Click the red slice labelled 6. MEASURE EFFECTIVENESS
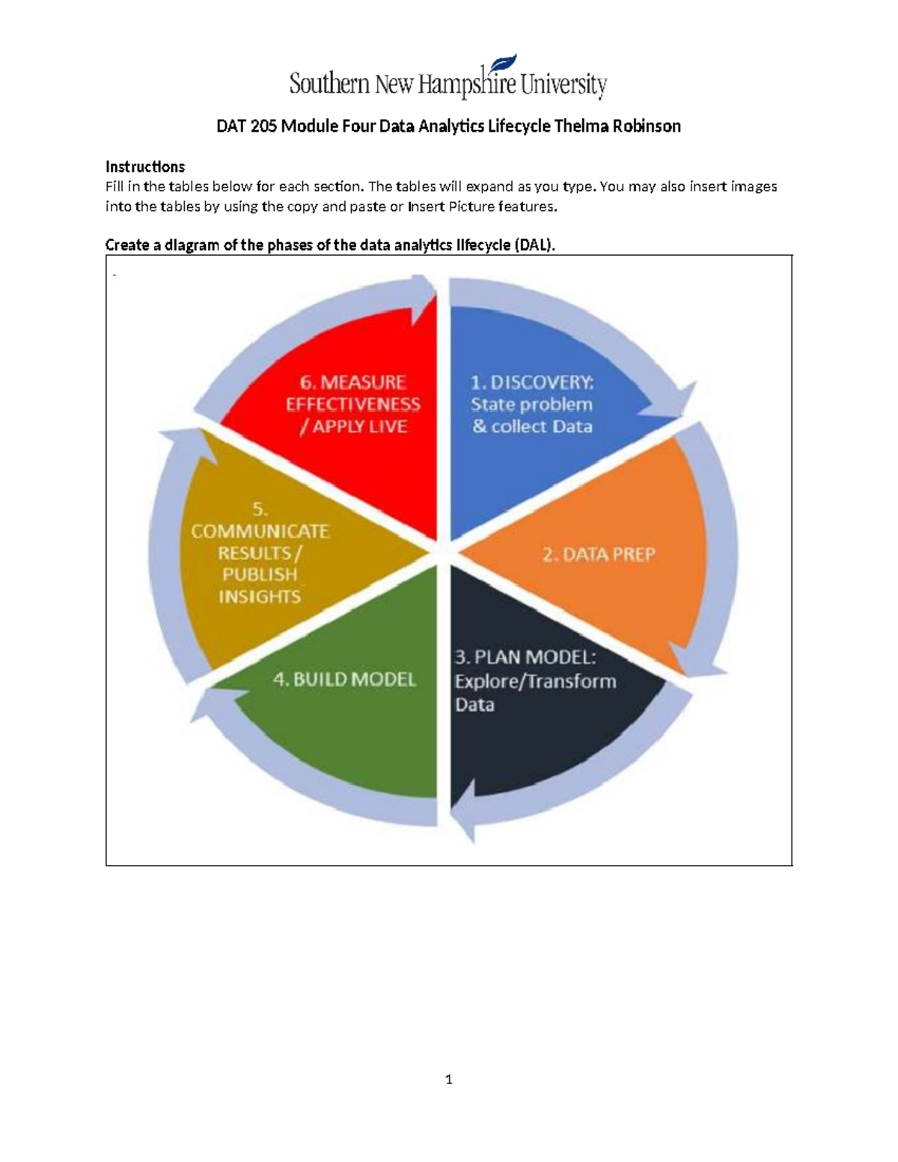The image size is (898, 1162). [x=352, y=449]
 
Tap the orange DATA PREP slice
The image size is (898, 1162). [x=599, y=569]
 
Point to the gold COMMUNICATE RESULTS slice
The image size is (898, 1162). [x=262, y=554]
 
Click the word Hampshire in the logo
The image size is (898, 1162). [x=467, y=85]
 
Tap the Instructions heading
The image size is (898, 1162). [x=145, y=166]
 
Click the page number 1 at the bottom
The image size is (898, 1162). [x=448, y=1080]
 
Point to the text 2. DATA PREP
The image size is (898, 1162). [x=599, y=555]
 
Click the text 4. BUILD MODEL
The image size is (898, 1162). [x=344, y=679]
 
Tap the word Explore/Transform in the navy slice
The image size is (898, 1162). [x=536, y=682]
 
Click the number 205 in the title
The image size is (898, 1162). [x=263, y=126]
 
